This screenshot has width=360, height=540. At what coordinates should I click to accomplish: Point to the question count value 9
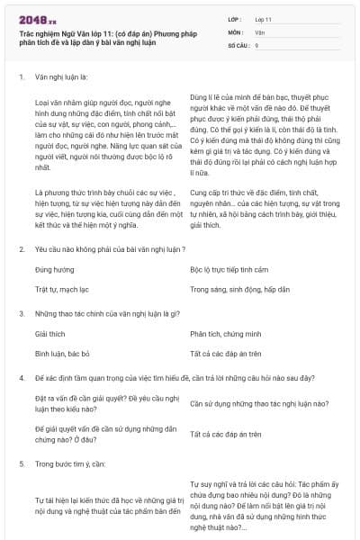pyautogui.click(x=256, y=43)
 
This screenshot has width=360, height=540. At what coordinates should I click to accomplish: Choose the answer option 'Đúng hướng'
pyautogui.click(x=54, y=269)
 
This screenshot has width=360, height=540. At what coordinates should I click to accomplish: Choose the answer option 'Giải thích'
pyautogui.click(x=50, y=333)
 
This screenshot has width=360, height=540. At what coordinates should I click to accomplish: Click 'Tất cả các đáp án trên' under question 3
pyautogui.click(x=226, y=354)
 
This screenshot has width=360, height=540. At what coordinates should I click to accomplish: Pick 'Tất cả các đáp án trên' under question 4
pyautogui.click(x=226, y=434)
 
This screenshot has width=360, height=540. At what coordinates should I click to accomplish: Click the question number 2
pyautogui.click(x=21, y=247)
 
